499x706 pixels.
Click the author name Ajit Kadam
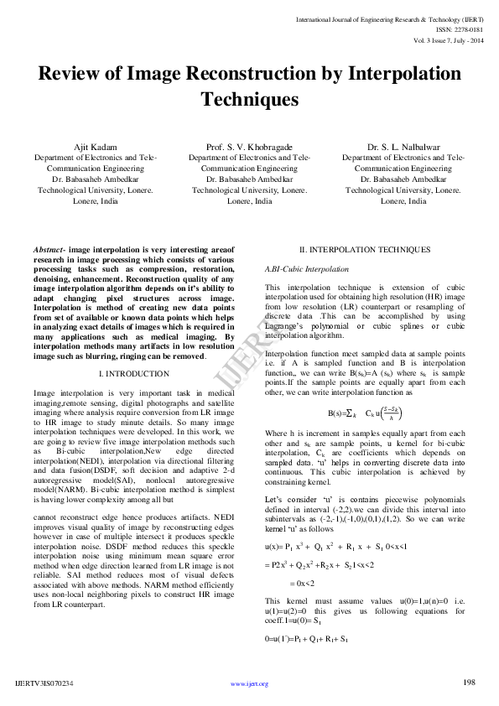(x=95, y=147)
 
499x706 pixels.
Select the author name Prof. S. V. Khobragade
(x=249, y=147)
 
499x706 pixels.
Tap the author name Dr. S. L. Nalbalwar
(x=403, y=147)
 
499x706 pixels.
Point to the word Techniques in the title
(x=249, y=100)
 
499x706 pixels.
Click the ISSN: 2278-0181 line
(x=460, y=29)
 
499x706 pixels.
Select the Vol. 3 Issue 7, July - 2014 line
(x=449, y=39)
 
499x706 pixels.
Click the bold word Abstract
(x=49, y=250)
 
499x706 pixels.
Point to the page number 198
(x=470, y=683)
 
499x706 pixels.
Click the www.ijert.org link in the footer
(x=249, y=684)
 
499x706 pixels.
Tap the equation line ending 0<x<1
(x=336, y=546)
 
